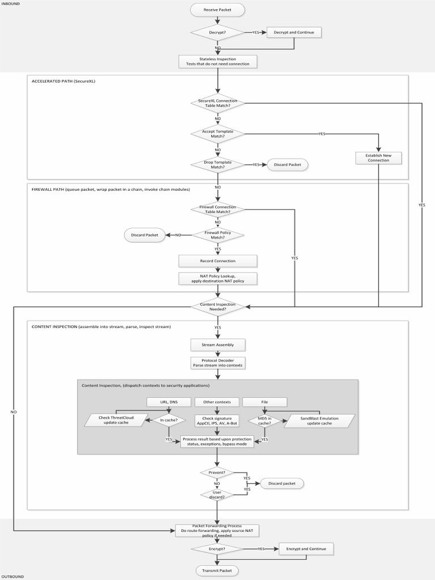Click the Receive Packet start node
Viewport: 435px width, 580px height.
[x=217, y=10]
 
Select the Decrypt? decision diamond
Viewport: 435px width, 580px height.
[x=217, y=32]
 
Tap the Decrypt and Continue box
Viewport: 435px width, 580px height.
[x=294, y=32]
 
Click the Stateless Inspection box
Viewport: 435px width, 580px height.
[x=217, y=61]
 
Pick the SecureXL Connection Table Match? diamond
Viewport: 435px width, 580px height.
[x=217, y=103]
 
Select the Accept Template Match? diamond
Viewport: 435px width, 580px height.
[x=217, y=134]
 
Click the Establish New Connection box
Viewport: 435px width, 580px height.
[x=378, y=157]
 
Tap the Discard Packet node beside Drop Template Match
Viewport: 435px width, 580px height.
[x=288, y=165]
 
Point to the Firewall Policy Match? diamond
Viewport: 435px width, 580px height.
[x=217, y=234]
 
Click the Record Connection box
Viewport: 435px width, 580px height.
[x=217, y=261]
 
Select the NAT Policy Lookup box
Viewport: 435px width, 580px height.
[x=217, y=279]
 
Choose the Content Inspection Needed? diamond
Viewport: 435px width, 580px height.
[x=217, y=306]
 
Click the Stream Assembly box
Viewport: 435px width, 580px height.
[x=217, y=344]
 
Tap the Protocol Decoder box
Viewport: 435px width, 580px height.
[x=217, y=362]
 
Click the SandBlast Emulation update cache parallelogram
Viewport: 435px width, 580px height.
[x=319, y=420]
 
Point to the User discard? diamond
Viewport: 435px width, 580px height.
[x=217, y=494]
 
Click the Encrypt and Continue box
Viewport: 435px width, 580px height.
[x=306, y=549]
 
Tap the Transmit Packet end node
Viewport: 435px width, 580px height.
[x=217, y=570]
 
